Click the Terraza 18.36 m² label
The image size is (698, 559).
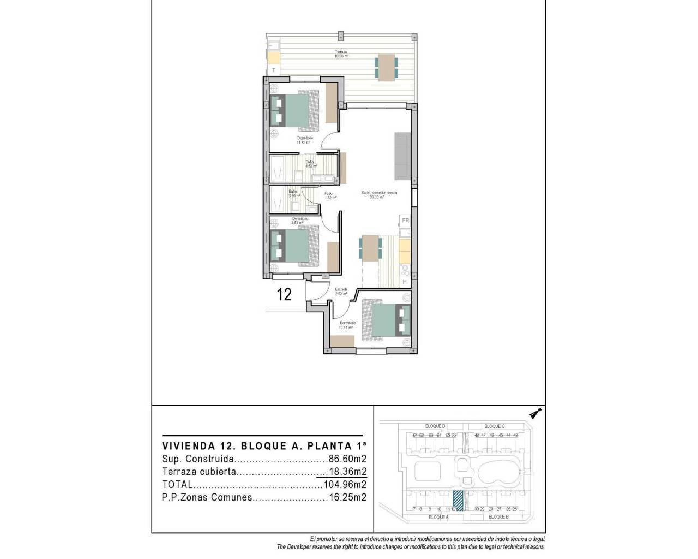point(341,53)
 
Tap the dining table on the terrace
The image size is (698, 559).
point(386,68)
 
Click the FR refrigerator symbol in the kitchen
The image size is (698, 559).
point(405,221)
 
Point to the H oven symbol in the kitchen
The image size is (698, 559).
point(405,282)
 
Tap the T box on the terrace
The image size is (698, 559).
point(273,70)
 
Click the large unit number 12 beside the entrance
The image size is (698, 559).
point(284,295)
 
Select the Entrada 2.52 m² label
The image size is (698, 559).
point(341,292)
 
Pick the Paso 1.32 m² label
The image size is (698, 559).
point(329,195)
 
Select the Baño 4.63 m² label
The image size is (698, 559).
point(310,164)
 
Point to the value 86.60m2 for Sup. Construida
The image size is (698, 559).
point(347,459)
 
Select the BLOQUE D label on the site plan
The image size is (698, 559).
point(436,426)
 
